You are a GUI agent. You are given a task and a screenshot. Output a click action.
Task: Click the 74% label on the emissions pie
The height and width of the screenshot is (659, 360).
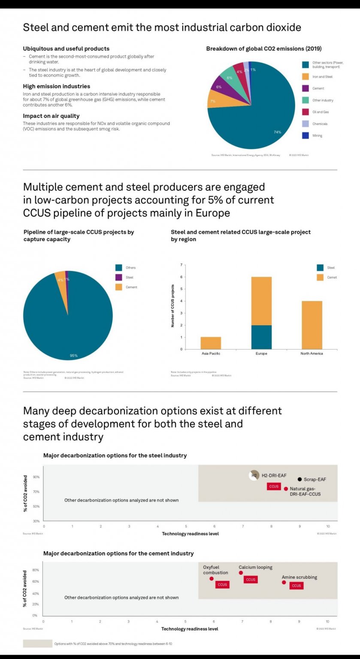point(277,132)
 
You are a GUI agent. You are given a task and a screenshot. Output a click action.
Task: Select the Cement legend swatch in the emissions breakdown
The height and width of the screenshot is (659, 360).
point(306,88)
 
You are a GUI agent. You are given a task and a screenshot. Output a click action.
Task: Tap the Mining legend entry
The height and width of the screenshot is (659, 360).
point(317,136)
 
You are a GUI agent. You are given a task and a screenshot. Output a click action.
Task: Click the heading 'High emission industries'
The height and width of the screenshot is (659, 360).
point(56,86)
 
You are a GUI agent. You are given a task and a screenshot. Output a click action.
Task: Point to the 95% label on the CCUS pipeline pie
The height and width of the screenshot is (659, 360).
point(73,356)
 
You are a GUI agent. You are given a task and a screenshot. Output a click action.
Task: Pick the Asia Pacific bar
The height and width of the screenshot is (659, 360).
point(211,343)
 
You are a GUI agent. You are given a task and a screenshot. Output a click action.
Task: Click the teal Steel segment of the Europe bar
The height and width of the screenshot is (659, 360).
point(261,337)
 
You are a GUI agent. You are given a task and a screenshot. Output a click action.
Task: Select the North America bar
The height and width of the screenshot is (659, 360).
point(312,325)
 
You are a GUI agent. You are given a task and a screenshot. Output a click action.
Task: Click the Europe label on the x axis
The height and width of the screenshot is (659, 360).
point(261,354)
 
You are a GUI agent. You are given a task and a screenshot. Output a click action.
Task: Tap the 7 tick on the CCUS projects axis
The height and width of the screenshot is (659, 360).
point(182,265)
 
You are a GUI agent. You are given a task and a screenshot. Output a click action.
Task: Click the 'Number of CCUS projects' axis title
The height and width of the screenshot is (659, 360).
point(173,306)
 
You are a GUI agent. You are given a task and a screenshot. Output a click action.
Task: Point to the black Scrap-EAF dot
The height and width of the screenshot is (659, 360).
point(299,479)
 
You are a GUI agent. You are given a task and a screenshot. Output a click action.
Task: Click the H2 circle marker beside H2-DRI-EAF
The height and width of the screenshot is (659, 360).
point(254,475)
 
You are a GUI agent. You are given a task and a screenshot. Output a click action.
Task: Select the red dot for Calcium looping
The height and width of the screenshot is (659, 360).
point(241,573)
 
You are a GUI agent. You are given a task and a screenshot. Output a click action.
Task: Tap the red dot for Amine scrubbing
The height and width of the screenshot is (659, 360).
point(284,582)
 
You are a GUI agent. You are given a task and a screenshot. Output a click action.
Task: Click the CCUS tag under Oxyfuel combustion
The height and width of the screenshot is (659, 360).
point(222,585)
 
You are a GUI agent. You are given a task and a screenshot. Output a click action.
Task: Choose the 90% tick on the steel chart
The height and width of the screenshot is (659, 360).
point(36,477)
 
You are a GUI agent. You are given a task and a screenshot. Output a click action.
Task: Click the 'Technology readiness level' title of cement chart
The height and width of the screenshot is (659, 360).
point(190,629)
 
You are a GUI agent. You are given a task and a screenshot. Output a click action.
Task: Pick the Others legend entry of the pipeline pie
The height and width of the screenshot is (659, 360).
point(130,268)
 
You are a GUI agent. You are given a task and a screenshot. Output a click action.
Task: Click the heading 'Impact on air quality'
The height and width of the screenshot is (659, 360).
point(51,116)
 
